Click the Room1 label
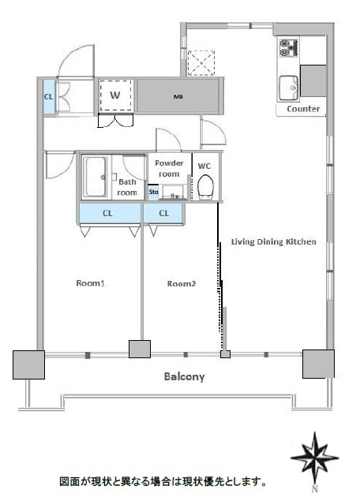[91, 283]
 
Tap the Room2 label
[182, 283]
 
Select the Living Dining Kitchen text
[274, 241]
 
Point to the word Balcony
[184, 376]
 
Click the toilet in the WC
[205, 188]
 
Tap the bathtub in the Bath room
[95, 177]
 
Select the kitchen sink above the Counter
[288, 88]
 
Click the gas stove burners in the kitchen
[288, 48]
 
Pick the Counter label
[303, 109]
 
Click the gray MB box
[178, 96]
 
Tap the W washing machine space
[115, 95]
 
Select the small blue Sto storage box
[153, 193]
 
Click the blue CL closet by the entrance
[49, 96]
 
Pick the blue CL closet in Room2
[163, 214]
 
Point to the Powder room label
[169, 168]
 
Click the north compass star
[315, 458]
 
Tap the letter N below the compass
[315, 488]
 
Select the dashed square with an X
[201, 63]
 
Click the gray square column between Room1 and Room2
[140, 349]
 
